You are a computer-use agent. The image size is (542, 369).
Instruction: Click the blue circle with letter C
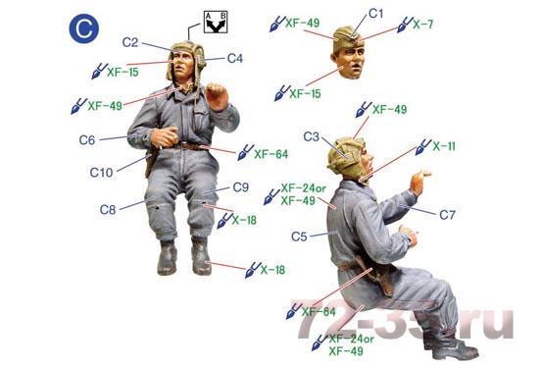point(83,28)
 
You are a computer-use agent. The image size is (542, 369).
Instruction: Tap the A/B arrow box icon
point(216,22)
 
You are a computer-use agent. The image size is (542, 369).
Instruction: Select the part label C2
point(130,42)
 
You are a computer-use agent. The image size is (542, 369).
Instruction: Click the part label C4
point(235,58)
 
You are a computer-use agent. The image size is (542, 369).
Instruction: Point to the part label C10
point(101,173)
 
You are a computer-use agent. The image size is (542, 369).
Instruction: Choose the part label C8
point(108,209)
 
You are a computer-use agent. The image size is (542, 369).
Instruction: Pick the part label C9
point(240,187)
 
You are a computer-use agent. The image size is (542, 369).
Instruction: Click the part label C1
point(376,14)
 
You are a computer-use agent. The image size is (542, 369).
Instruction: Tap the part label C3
point(312,136)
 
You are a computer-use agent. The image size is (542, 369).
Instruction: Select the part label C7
point(447,215)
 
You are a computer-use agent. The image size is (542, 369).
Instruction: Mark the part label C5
point(299,237)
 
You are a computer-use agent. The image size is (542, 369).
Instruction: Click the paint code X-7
point(423,25)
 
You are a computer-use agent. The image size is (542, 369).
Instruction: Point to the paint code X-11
point(444,146)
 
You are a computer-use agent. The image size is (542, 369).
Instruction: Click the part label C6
point(87,140)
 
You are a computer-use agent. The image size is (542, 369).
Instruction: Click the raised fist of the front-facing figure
point(216,96)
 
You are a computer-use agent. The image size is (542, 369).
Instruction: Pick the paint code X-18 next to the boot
point(272,270)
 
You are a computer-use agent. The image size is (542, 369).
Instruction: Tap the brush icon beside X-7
point(405,25)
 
